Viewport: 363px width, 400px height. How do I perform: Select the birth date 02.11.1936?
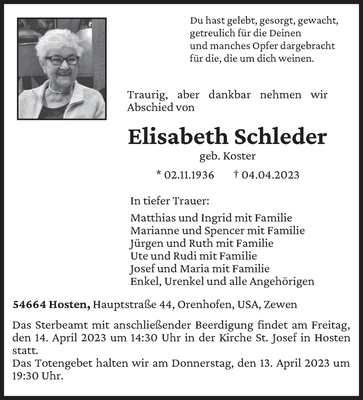(x=189, y=175)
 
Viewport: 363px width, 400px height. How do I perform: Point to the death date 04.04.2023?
(x=270, y=175)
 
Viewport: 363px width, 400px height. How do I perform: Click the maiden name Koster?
(x=240, y=156)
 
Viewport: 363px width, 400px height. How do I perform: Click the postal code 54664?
(x=30, y=304)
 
